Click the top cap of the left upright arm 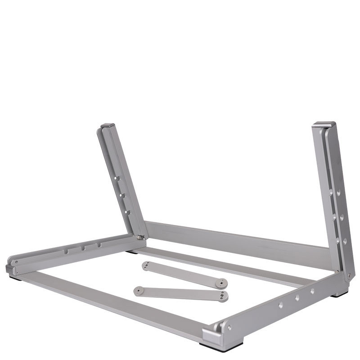pos(108,126)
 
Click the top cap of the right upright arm pos(324,124)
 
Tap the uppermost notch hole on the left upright pos(117,179)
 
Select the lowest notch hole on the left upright pos(127,212)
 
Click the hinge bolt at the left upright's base pos(140,238)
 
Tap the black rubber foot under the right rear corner pos(339,294)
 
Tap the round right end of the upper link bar pos(221,283)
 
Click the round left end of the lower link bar pos(139,290)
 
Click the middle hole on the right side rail pos(297,297)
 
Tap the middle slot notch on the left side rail pos(84,248)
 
